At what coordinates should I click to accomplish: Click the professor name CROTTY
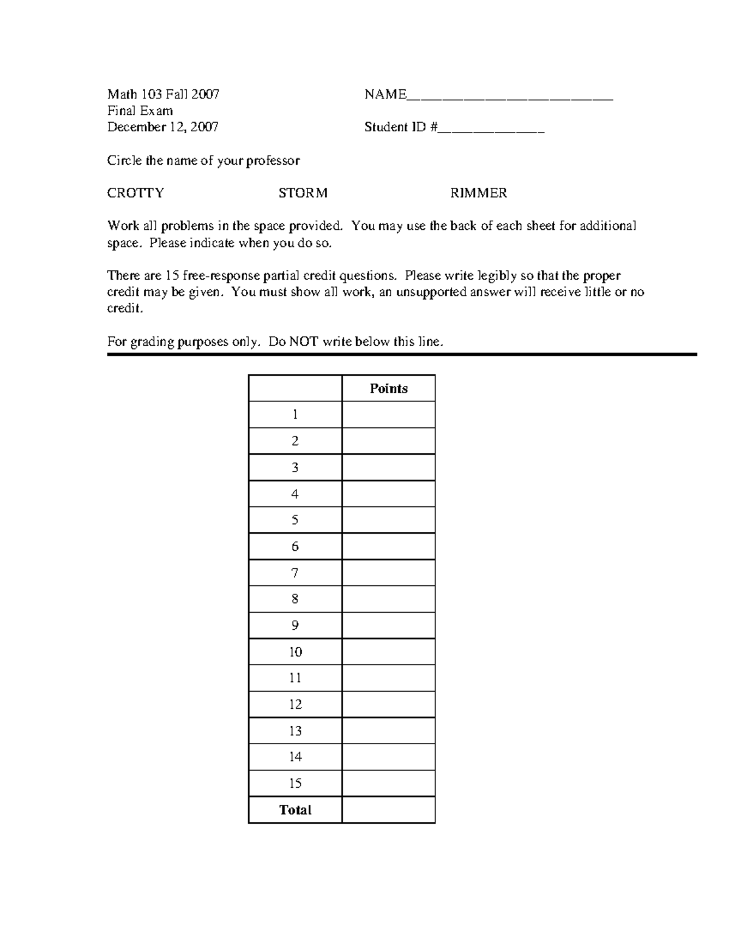click(135, 193)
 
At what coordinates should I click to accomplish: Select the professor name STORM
click(303, 193)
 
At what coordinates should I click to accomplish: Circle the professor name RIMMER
click(478, 193)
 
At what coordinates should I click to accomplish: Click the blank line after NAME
click(510, 97)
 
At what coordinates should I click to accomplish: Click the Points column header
click(389, 388)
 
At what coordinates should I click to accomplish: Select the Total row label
click(295, 810)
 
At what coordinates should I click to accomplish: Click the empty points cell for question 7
click(389, 573)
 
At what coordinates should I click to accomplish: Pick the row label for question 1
click(295, 415)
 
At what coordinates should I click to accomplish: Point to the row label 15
click(295, 783)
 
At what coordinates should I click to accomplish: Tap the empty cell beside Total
click(389, 810)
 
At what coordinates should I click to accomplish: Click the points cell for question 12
click(389, 705)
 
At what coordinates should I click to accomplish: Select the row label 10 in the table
click(295, 652)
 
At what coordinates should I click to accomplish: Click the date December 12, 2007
click(163, 127)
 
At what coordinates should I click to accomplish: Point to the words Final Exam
click(140, 111)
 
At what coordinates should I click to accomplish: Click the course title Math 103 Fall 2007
click(163, 94)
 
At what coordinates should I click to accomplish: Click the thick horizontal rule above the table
click(402, 354)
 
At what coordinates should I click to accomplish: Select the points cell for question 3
click(389, 467)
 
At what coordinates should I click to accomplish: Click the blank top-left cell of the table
click(295, 388)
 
